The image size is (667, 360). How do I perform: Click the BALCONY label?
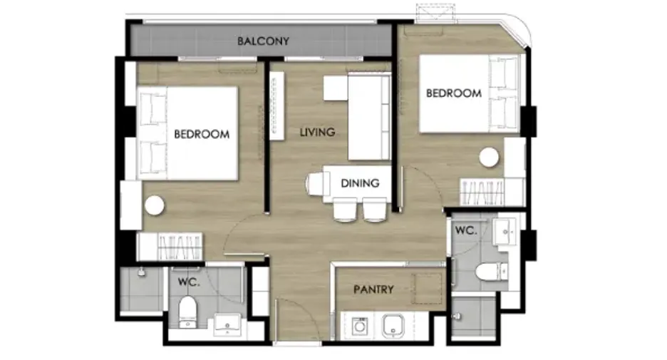pyautogui.click(x=263, y=41)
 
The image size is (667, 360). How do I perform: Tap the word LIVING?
pyautogui.click(x=317, y=133)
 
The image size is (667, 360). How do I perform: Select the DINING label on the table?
pyautogui.click(x=360, y=183)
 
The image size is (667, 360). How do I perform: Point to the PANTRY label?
pyautogui.click(x=373, y=289)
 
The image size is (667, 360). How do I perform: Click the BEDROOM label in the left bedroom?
pyautogui.click(x=202, y=135)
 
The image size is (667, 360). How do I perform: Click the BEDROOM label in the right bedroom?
pyautogui.click(x=454, y=93)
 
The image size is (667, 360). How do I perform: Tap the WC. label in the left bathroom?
pyautogui.click(x=189, y=282)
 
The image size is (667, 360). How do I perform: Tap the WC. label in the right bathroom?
pyautogui.click(x=466, y=231)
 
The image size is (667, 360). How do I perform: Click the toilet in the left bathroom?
pyautogui.click(x=187, y=312)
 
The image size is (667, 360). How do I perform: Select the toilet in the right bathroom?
pyautogui.click(x=491, y=272)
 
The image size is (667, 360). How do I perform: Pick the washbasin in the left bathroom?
pyautogui.click(x=227, y=325)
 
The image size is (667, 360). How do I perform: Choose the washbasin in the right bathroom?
pyautogui.click(x=505, y=232)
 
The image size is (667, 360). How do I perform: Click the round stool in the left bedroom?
pyautogui.click(x=154, y=206)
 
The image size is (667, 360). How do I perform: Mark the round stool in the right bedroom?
pyautogui.click(x=489, y=158)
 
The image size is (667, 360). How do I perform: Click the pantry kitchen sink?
pyautogui.click(x=393, y=326)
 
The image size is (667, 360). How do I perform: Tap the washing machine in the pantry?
pyautogui.click(x=360, y=326)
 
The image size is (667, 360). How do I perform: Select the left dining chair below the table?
pyautogui.click(x=345, y=210)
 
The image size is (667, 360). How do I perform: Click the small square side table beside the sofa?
pyautogui.click(x=336, y=88)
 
